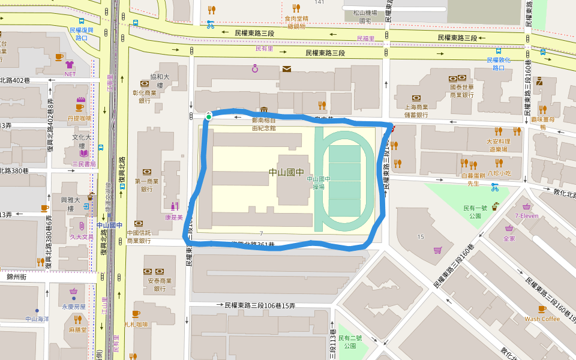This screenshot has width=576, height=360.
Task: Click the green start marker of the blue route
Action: (208, 116)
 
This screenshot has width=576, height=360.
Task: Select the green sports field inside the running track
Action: (344, 181)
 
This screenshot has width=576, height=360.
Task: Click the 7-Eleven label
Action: (526, 215)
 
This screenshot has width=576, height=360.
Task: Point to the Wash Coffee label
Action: (542, 319)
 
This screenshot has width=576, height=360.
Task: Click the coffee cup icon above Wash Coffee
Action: (542, 309)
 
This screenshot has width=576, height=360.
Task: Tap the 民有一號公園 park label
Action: (473, 211)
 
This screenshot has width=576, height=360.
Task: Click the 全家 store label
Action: (509, 238)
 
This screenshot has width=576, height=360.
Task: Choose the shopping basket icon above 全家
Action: (509, 229)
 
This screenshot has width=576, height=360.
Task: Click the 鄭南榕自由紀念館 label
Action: (264, 124)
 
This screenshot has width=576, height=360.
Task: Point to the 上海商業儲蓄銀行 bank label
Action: (416, 110)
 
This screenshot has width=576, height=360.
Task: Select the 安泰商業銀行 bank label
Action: (156, 284)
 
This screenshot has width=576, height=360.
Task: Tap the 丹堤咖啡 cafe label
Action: (80, 118)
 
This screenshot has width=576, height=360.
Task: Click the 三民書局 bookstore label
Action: (83, 163)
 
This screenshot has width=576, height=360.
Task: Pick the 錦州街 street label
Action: (17, 277)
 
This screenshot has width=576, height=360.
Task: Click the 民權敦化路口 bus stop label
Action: (499, 64)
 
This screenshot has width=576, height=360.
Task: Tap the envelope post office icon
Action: (287, 69)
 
